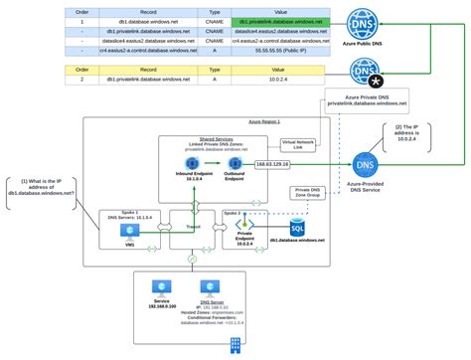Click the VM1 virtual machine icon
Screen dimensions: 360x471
coord(128,229)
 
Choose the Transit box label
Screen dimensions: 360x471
coord(192,226)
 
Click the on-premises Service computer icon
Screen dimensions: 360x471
coord(162,286)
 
